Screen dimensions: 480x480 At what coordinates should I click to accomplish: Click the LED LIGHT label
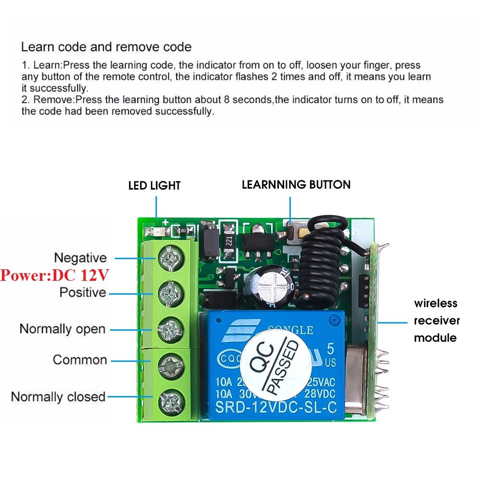tap(154, 186)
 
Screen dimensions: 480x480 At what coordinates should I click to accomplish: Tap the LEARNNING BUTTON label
tap(296, 185)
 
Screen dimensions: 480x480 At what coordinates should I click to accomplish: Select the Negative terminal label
tap(80, 258)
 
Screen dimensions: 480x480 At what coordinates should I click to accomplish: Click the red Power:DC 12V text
tap(55, 276)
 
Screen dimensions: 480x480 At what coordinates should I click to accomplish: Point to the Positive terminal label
tap(83, 292)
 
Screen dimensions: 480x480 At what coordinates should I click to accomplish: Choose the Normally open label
tap(62, 329)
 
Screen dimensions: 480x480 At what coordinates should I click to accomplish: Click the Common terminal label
tap(80, 360)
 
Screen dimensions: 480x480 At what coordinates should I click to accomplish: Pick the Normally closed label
tap(58, 397)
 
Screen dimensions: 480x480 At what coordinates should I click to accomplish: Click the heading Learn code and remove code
tap(107, 47)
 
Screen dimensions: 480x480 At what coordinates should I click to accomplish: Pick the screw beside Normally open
tap(170, 329)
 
